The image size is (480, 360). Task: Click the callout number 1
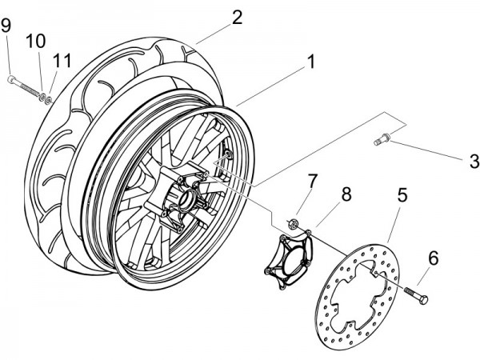point(310,60)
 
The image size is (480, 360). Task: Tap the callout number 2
point(237,17)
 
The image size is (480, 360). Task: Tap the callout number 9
point(6,26)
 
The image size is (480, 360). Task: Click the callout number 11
point(62,59)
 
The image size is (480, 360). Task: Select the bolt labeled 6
point(417,294)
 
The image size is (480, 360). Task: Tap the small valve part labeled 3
point(382,142)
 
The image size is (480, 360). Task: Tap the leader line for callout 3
point(428,150)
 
